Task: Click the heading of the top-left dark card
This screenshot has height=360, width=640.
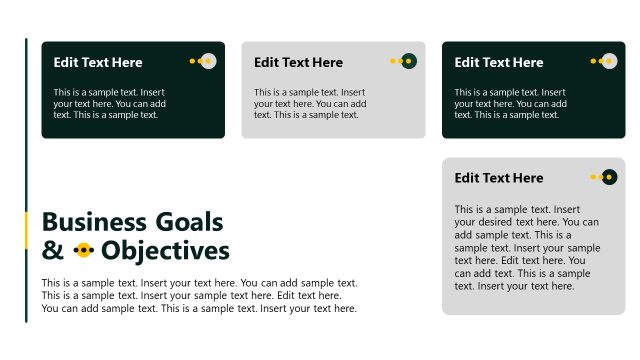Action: [98, 62]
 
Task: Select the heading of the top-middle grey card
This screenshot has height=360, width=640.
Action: [298, 62]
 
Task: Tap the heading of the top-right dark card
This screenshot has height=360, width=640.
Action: [499, 62]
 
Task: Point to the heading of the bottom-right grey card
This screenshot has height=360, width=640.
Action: [499, 178]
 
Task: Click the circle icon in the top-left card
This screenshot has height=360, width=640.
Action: [208, 61]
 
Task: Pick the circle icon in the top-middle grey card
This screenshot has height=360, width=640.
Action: [408, 61]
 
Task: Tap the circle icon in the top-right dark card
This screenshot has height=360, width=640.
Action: [608, 61]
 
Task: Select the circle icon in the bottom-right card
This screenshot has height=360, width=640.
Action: [608, 177]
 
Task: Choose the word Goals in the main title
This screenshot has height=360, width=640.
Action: [188, 222]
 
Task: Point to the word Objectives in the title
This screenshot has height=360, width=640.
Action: [165, 250]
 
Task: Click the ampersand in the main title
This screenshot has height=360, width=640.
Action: [51, 250]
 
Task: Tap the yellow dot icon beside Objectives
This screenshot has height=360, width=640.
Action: [84, 250]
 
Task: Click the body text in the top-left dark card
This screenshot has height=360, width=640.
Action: [110, 103]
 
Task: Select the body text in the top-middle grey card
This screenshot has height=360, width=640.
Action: [310, 103]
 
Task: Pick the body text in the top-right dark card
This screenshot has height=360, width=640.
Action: [510, 103]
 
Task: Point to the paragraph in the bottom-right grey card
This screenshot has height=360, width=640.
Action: [527, 248]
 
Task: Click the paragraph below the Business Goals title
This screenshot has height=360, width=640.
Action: [199, 296]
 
